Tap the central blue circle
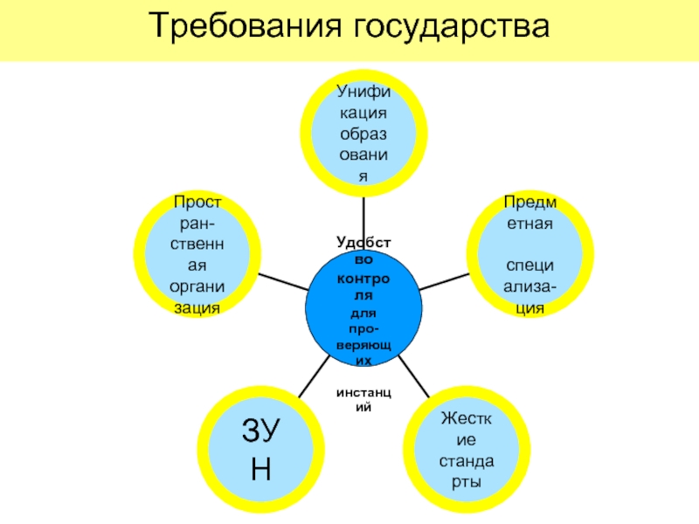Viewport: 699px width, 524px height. [x=363, y=301]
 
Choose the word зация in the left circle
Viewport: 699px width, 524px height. [x=197, y=309]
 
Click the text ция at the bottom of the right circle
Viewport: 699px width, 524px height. [x=529, y=309]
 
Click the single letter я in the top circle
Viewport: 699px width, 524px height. [x=363, y=176]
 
